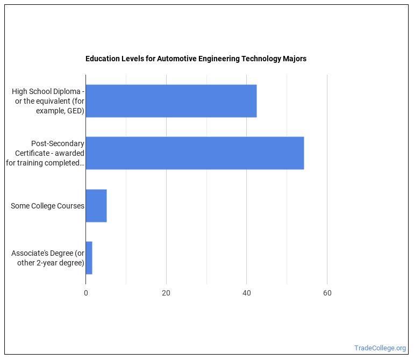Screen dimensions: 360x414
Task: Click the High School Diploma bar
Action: pos(171,101)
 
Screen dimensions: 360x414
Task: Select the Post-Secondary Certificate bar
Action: pos(195,153)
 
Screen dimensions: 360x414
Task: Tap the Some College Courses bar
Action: pos(96,206)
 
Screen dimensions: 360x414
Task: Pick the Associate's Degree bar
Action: pos(89,258)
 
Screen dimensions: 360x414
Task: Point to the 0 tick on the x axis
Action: pos(86,293)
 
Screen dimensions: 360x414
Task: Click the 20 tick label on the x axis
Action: pos(166,293)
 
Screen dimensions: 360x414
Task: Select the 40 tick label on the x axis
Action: pos(246,293)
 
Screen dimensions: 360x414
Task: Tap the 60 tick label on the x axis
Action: pos(327,293)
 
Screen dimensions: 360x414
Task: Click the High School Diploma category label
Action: pos(48,101)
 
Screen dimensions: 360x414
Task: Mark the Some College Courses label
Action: pos(47,206)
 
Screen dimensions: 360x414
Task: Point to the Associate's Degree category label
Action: pos(49,258)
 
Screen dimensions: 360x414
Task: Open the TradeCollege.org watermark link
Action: pos(380,348)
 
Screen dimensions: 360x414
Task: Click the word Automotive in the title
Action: pos(175,59)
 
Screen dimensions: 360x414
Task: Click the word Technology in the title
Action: pos(260,59)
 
